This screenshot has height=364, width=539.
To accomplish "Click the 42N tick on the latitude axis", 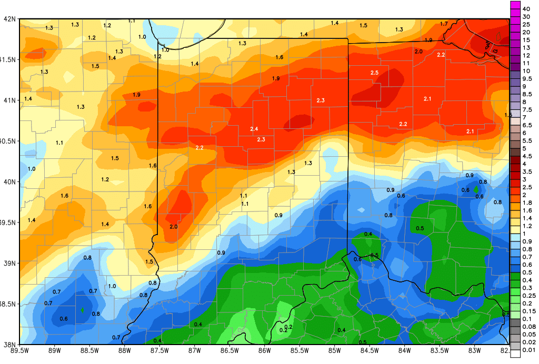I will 10,19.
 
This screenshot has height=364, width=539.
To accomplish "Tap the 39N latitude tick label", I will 10,263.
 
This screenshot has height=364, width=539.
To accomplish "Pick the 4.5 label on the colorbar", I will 527,156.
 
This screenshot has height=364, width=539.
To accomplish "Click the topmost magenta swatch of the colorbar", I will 515,5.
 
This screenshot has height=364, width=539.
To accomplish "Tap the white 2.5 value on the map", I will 375,72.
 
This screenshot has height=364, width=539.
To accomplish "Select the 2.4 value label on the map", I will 254,129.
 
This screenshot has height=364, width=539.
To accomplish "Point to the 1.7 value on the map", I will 444,24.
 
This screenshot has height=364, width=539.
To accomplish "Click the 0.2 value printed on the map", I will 283,330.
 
